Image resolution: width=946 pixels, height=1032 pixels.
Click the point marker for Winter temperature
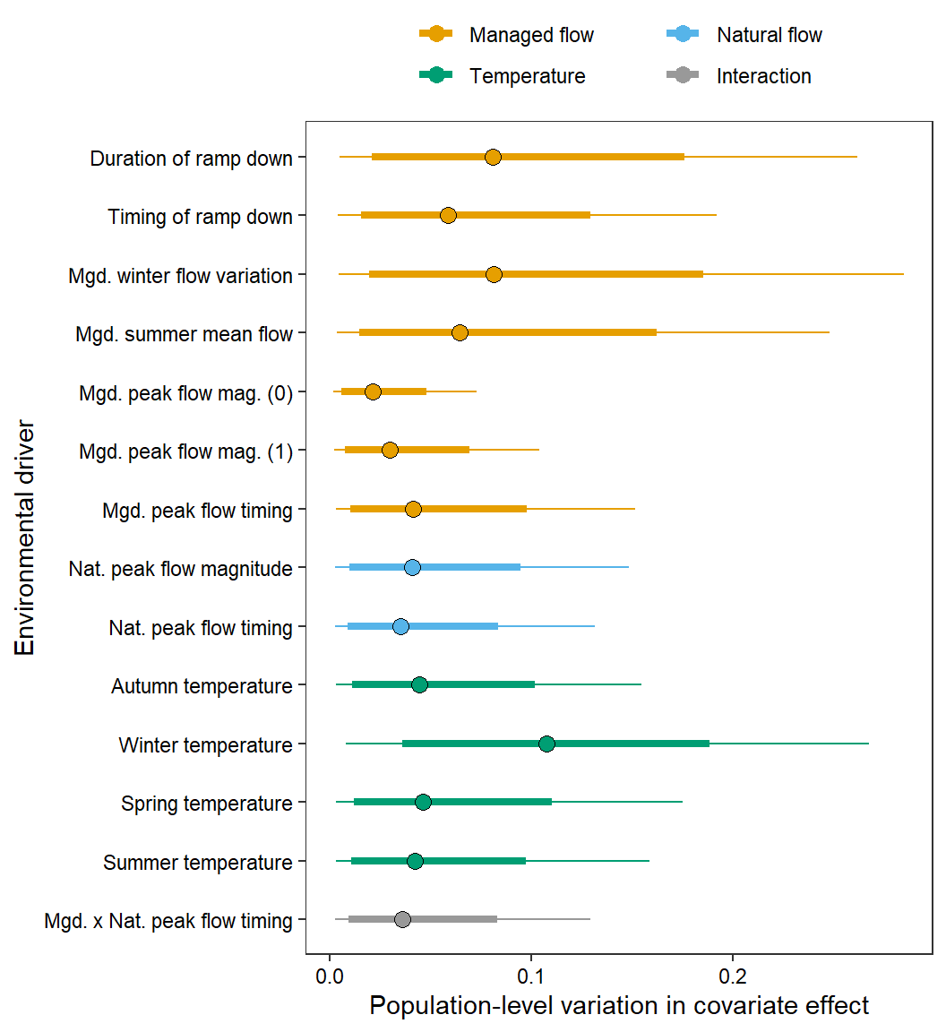pos(546,744)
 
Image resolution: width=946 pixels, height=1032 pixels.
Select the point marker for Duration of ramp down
pos(493,158)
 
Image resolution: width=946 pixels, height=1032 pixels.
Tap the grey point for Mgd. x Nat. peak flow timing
pos(402,919)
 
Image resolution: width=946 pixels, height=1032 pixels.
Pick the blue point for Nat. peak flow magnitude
pos(412,567)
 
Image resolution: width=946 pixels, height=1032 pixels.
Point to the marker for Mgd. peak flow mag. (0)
pos(373,391)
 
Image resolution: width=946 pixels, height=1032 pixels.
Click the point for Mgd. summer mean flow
pos(460,333)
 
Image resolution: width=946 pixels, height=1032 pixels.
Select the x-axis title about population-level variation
pos(619,1006)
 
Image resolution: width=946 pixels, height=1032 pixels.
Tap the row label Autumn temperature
pos(202,686)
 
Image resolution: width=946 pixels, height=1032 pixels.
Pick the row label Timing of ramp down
pos(200,217)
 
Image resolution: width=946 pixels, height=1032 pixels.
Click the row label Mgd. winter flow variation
pos(180,276)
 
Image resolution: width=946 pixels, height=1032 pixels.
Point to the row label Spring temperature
pos(207,804)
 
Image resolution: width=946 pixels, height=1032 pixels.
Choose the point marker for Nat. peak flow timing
pos(400,626)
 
